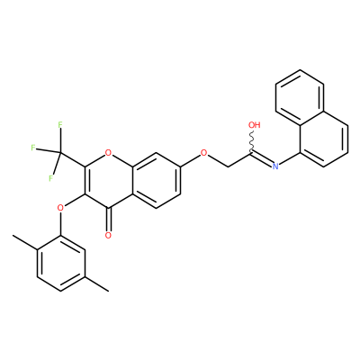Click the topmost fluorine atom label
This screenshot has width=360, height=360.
click(60, 124)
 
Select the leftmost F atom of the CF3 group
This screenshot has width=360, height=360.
click(33, 148)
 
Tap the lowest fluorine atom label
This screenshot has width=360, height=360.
click(50, 178)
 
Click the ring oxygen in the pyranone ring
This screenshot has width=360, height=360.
click(108, 154)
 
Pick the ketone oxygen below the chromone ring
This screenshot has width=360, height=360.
click(108, 235)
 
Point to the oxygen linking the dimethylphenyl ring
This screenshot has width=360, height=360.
click(60, 208)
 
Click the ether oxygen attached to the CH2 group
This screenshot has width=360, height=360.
click(204, 154)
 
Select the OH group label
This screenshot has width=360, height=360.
click(255, 125)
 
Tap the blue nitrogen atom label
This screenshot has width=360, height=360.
click(275, 166)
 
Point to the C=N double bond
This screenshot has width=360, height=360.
click(261, 157)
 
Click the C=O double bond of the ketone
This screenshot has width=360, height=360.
click(108, 220)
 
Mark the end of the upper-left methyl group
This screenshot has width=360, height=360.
click(13, 236)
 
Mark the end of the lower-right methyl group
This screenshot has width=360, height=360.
click(108, 291)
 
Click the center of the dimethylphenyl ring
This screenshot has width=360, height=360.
click(60, 263)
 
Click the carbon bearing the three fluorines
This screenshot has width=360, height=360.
click(60, 154)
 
